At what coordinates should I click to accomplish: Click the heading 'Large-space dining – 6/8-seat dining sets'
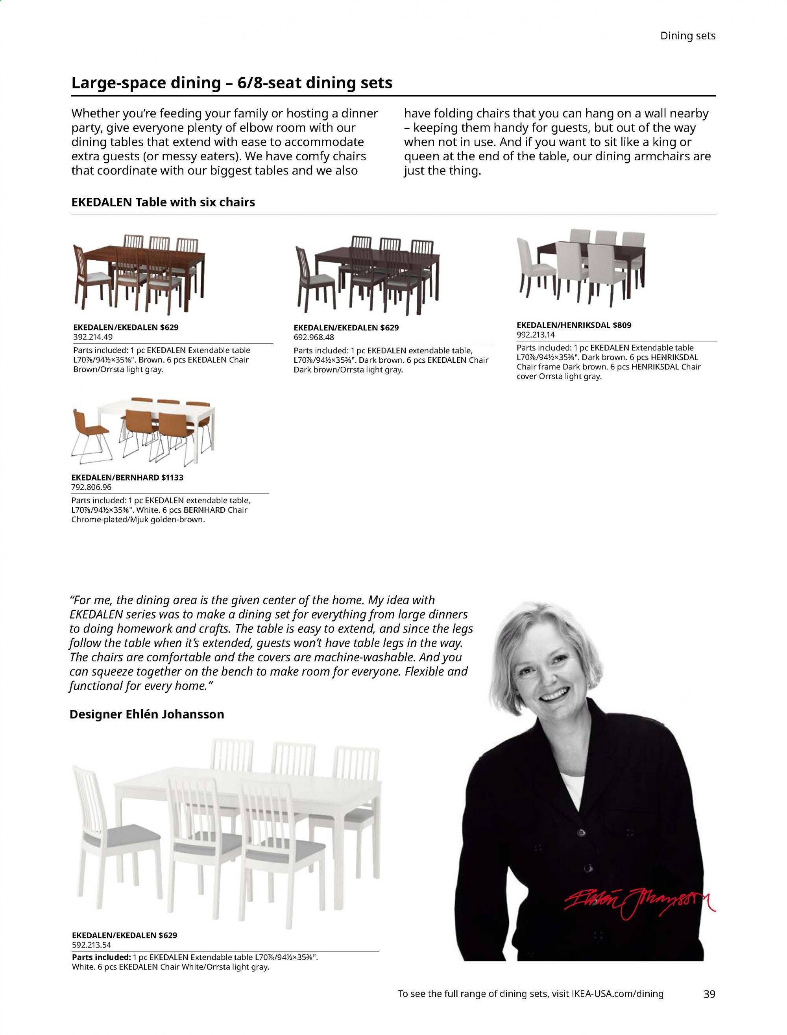[x=231, y=83]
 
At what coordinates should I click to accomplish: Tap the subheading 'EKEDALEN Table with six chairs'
[x=163, y=202]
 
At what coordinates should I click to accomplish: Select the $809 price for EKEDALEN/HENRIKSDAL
[x=622, y=325]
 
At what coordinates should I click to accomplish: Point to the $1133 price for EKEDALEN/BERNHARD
[x=172, y=478]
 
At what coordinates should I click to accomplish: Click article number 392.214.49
[x=93, y=337]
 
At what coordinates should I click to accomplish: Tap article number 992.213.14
[x=536, y=335]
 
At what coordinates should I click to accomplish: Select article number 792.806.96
[x=91, y=487]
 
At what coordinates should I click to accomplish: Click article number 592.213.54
[x=91, y=945]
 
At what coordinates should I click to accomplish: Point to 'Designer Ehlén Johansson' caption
[x=147, y=714]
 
